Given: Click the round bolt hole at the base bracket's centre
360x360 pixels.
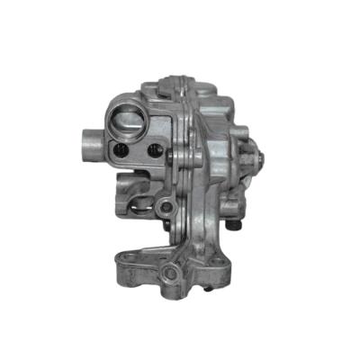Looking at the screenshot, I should pos(169,272).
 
